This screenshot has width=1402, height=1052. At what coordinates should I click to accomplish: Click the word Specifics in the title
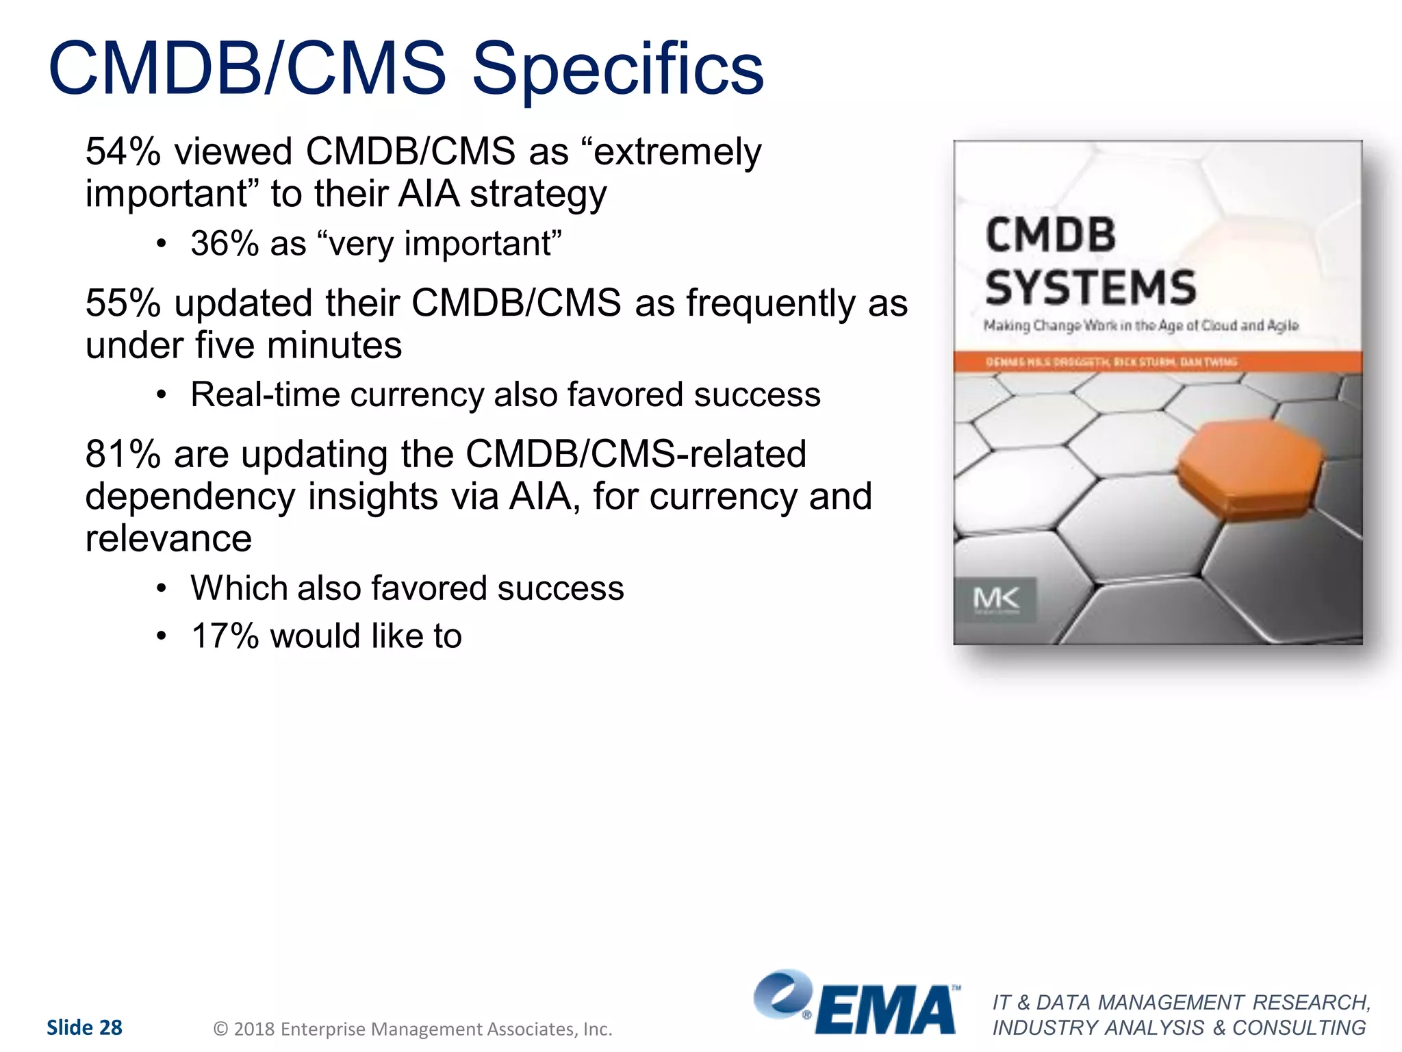click(617, 68)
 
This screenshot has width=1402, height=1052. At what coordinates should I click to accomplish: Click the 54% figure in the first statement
click(123, 151)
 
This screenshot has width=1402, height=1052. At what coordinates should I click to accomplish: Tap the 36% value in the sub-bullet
click(223, 244)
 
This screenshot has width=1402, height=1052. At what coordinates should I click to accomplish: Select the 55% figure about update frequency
click(123, 303)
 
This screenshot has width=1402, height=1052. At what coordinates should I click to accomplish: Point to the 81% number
click(123, 454)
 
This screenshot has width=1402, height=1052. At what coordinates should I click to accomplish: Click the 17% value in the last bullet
click(225, 636)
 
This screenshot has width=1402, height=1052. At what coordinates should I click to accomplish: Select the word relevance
click(168, 538)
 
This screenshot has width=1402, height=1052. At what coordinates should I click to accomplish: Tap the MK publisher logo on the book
click(996, 599)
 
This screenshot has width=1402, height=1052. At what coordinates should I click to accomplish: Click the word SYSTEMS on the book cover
click(1091, 287)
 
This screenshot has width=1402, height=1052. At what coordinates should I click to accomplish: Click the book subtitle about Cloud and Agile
click(1140, 325)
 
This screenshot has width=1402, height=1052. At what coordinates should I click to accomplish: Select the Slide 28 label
click(84, 1027)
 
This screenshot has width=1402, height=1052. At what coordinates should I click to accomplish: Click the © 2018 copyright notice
click(413, 1029)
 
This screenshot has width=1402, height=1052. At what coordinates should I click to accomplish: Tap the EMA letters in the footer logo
click(887, 1010)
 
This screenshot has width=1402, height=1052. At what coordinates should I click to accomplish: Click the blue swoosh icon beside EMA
click(782, 993)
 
